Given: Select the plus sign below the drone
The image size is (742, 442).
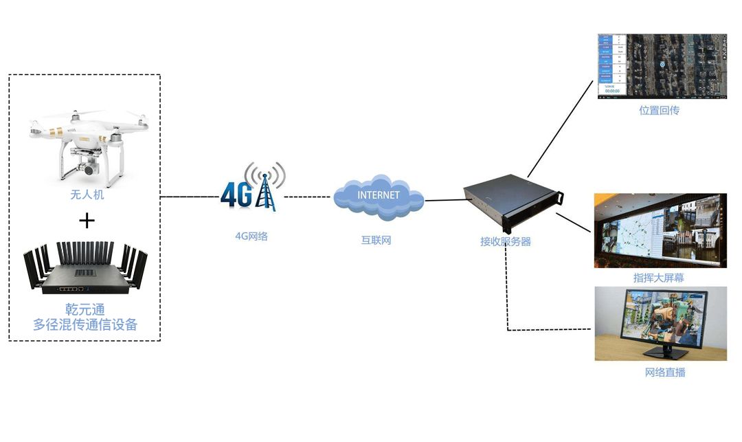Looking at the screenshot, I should click(x=87, y=220).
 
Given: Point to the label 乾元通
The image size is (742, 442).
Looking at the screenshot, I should click(x=85, y=310).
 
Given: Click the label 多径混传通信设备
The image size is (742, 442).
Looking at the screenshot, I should click(x=85, y=324).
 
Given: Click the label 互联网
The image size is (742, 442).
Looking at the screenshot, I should click(x=376, y=241).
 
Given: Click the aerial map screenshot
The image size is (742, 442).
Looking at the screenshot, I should click(x=661, y=66).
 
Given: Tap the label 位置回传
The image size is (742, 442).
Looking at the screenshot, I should click(x=659, y=110).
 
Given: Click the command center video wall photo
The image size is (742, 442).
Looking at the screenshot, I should click(x=660, y=230).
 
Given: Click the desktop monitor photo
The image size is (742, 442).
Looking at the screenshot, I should click(x=660, y=323).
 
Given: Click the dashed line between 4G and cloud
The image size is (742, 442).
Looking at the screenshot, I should click(x=308, y=197).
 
